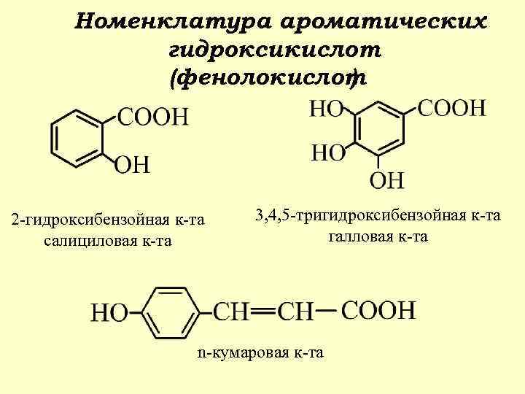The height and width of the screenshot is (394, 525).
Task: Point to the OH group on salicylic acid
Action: (x=132, y=164)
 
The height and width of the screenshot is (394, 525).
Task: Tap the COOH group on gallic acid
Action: (x=452, y=109)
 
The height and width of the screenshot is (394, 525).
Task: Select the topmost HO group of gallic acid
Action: (x=326, y=109)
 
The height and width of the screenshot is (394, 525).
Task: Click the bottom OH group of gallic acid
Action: (x=389, y=179)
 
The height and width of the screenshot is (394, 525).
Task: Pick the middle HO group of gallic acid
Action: (x=327, y=154)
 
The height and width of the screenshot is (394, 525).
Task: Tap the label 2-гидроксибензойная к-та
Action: (x=108, y=220)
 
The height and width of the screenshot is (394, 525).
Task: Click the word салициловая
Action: (x=86, y=240)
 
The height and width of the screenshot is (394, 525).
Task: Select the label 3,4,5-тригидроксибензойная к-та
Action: (x=378, y=215)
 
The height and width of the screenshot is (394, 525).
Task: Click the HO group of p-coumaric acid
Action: (x=107, y=314)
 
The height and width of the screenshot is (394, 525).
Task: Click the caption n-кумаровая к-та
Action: (x=260, y=353)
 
